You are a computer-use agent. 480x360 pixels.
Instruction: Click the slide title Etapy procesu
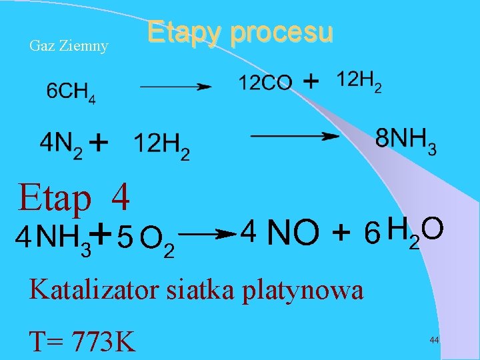pyautogui.click(x=239, y=32)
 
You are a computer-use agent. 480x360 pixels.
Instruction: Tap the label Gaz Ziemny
pyautogui.click(x=69, y=46)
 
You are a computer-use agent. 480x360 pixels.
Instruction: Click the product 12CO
pyautogui.click(x=265, y=83)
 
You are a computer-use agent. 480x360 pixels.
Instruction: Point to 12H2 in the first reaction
pyautogui.click(x=359, y=81)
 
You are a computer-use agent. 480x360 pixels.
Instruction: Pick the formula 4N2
pyautogui.click(x=61, y=144)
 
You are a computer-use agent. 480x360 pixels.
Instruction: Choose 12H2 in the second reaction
pyautogui.click(x=161, y=145)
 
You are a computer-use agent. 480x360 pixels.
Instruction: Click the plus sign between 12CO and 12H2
pyautogui.click(x=311, y=81)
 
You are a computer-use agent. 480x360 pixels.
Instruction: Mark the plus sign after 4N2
pyautogui.click(x=99, y=142)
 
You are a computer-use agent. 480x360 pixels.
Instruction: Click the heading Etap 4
pyautogui.click(x=74, y=197)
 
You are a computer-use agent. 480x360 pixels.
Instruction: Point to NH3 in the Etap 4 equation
pyautogui.click(x=63, y=237)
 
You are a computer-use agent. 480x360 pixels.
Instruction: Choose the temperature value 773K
pyautogui.click(x=101, y=340)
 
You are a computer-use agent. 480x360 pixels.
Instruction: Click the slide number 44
pyautogui.click(x=434, y=340)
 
